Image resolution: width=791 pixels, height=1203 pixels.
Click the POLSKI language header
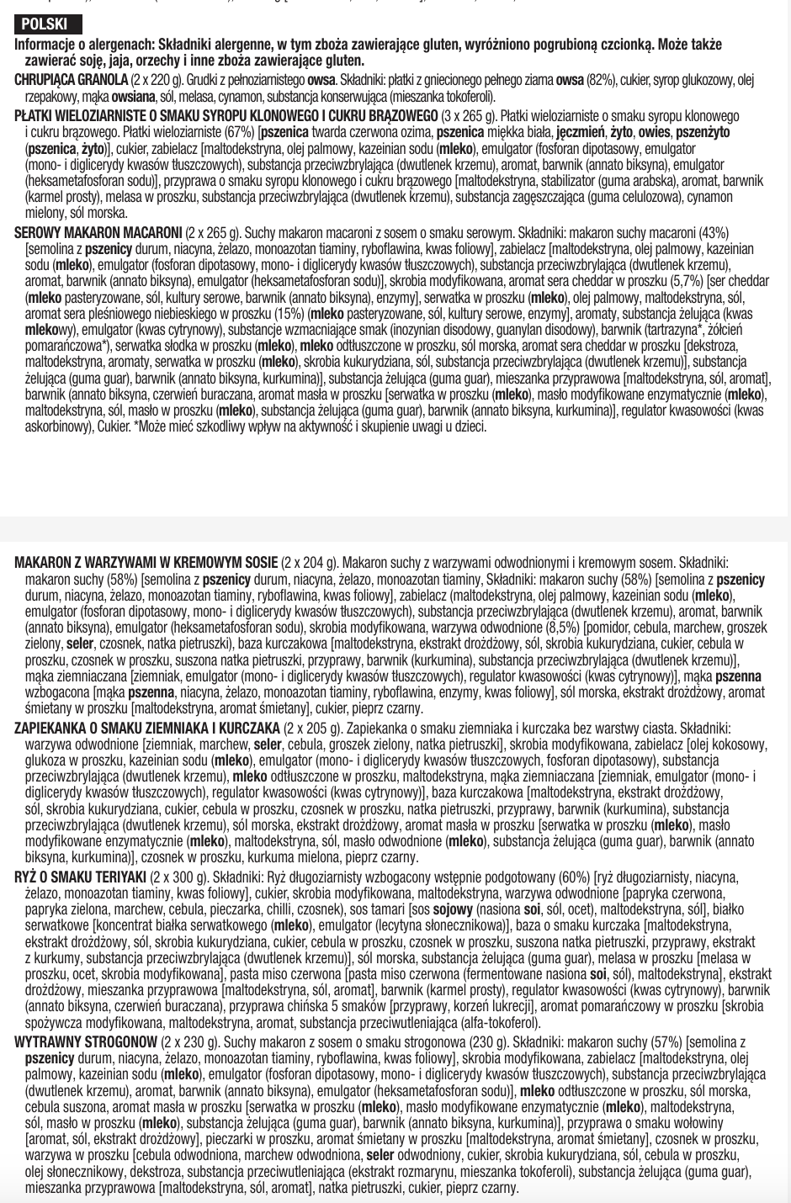[45, 24]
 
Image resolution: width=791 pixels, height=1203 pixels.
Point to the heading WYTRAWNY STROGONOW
[86, 1042]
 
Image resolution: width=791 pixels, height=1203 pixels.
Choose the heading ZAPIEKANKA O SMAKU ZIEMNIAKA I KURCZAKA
[147, 729]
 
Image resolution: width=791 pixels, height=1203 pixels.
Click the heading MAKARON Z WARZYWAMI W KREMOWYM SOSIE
[146, 563]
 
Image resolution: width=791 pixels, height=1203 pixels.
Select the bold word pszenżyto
[703, 133]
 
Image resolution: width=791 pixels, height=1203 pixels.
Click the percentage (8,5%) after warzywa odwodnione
[585, 628]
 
